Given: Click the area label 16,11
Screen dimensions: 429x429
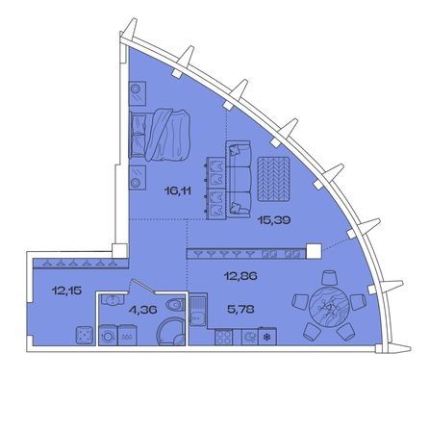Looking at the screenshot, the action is pos(178,191).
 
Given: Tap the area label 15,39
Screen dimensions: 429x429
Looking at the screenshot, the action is pos(274,220).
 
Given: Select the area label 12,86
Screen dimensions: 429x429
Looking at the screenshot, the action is pos(240,276).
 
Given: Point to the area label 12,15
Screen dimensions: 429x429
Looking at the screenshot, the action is pos(66,290).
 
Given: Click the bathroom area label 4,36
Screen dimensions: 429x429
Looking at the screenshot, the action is pos(142,310).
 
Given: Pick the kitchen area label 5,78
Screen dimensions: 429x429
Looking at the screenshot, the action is pos(240,310).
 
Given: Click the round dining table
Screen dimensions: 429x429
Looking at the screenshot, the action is pos(329,307).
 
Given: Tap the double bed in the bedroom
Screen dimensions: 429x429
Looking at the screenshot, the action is pos(160,135).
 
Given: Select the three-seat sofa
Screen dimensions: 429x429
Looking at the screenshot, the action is pos(239,180).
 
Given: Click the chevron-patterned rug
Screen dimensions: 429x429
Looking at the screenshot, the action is pos(273,179).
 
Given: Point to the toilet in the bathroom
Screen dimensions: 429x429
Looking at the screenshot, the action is pos(175,305).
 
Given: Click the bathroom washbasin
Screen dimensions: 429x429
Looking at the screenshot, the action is pos(113,300).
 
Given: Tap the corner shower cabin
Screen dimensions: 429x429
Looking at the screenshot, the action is pos(170,332).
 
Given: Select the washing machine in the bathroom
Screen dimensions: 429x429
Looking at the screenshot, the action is pos(109,336).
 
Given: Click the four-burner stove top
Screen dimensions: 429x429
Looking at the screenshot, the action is pos(224,338).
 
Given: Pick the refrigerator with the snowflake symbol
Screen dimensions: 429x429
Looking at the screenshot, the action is pos(267,337).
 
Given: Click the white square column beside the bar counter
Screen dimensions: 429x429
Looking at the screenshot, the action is pos(314,251).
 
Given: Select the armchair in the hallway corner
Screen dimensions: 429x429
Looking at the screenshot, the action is pos(85,335).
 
